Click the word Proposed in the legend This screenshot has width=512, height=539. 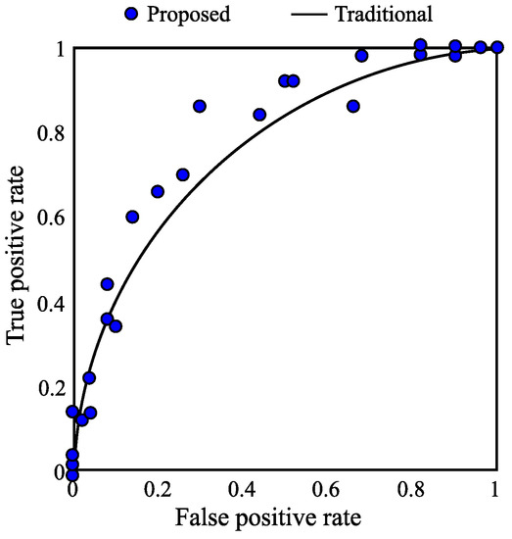pos(186,15)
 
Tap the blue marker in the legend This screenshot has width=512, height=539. pos(132,15)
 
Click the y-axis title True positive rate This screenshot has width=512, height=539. pos(17,260)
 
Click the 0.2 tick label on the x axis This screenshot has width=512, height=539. pos(157,489)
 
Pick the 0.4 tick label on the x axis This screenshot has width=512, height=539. pos(242,489)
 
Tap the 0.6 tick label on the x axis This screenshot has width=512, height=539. pos(327,489)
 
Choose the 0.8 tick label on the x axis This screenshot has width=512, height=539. pos(412,489)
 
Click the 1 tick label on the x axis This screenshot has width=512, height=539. pos(496,489)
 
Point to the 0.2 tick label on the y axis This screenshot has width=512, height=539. pos(47,387)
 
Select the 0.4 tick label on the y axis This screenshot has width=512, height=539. pos(47,302)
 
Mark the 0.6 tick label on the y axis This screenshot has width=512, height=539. pos(47,218)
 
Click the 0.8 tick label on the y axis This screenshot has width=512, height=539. pos(47,132)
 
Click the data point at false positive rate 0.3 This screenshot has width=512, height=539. pos(200,106)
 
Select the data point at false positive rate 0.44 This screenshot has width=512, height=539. pos(259,115)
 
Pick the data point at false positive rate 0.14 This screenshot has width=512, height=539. pos(132,217)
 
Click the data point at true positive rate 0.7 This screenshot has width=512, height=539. pos(182,174)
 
